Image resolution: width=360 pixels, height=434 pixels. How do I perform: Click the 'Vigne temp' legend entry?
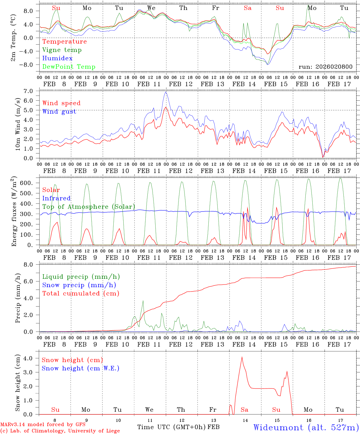pyautogui.click(x=62, y=50)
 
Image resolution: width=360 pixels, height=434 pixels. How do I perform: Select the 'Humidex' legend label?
pyautogui.click(x=57, y=58)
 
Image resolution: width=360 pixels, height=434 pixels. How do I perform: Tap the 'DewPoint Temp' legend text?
pyautogui.click(x=69, y=67)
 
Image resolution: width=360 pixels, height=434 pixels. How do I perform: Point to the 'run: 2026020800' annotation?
pyautogui.click(x=325, y=67)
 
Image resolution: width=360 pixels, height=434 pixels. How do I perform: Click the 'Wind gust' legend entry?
pyautogui.click(x=59, y=112)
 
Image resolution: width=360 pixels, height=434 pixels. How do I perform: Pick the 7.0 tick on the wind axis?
pyautogui.click(x=32, y=91)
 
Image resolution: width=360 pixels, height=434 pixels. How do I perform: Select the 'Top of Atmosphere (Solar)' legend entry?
pyautogui.click(x=89, y=207)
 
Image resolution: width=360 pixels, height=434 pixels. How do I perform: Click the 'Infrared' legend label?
pyautogui.click(x=56, y=198)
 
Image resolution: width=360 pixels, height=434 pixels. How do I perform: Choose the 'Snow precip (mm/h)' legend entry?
pyautogui.click(x=79, y=285)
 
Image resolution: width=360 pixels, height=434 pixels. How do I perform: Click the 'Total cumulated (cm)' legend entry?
pyautogui.click(x=81, y=294)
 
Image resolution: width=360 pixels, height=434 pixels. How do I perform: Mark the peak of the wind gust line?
pyautogui.click(x=166, y=92)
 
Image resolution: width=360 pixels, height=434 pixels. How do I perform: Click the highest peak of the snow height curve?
pyautogui.click(x=242, y=357)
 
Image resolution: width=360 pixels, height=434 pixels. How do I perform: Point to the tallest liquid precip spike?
pyautogui.click(x=143, y=300)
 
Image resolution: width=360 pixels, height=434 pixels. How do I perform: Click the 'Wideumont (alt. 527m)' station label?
pyautogui.click(x=306, y=427)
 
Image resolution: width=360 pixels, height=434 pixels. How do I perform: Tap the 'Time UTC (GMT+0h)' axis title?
pyautogui.click(x=172, y=427)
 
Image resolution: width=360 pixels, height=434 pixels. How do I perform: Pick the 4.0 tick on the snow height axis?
pyautogui.click(x=32, y=358)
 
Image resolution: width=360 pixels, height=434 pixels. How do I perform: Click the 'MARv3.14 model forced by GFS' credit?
pyautogui.click(x=43, y=425)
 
